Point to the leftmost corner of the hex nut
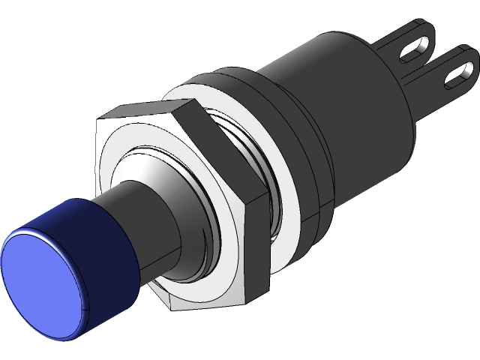98,120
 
